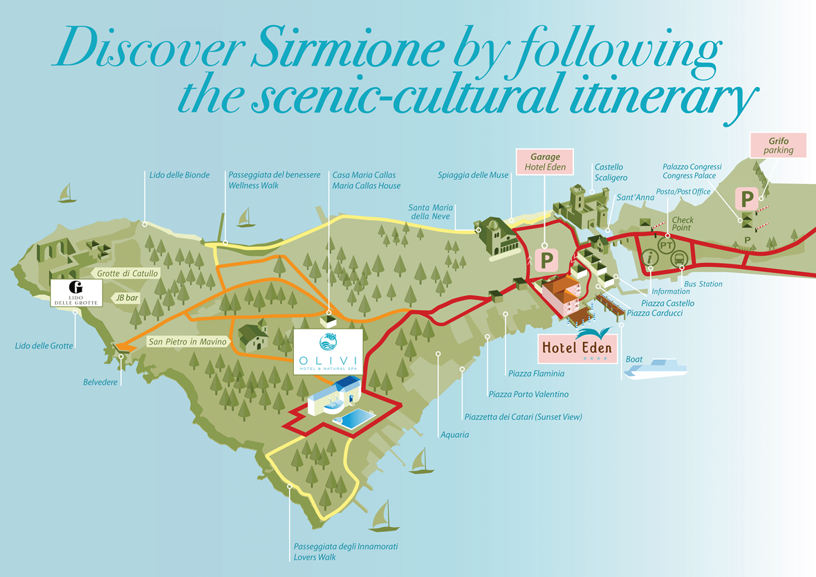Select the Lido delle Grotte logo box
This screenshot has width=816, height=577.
point(76,293)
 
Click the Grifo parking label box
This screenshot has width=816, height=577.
point(778,146)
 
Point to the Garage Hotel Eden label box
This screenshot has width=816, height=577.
point(544,161)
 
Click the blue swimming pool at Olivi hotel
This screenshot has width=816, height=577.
point(353,419)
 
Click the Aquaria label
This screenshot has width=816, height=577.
point(454,434)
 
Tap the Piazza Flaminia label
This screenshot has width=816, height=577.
point(535,374)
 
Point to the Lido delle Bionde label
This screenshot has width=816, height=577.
point(178,175)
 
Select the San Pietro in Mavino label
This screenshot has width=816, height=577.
point(187,342)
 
